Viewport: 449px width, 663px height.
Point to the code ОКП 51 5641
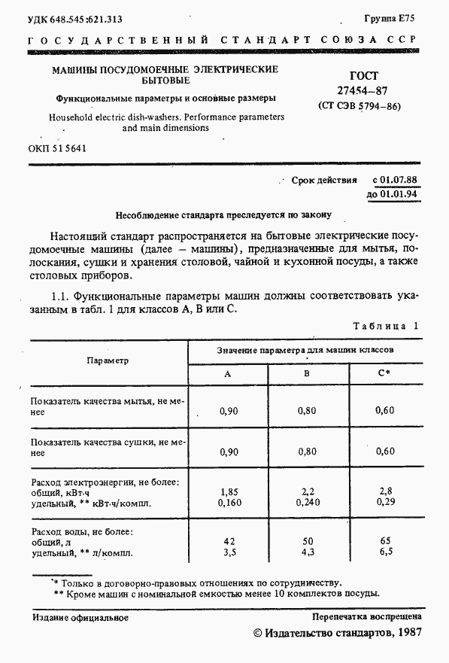(59, 148)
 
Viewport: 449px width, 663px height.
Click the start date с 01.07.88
(395, 181)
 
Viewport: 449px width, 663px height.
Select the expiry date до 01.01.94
(393, 194)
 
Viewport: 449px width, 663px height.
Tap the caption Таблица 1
(385, 326)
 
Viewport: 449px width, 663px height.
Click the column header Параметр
(108, 360)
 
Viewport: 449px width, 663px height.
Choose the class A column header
(228, 374)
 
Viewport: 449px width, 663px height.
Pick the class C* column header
(384, 374)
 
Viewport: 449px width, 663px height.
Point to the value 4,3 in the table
(307, 552)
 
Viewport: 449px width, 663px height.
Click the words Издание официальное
(80, 618)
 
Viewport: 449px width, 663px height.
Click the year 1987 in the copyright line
(406, 634)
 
